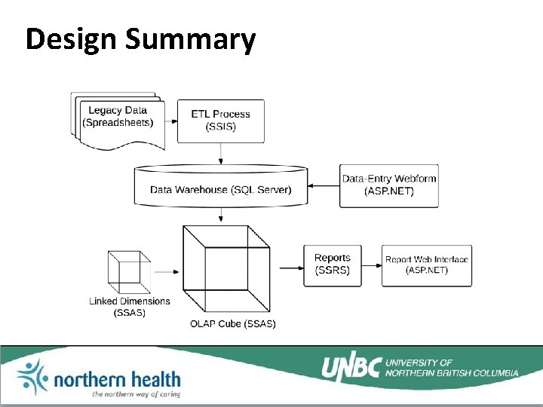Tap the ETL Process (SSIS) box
click(x=220, y=121)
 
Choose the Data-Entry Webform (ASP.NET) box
click(x=388, y=185)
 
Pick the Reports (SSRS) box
click(x=332, y=265)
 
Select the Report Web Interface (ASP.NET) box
click(x=427, y=265)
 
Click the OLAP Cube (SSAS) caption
click(x=232, y=324)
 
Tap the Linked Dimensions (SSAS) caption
click(x=130, y=307)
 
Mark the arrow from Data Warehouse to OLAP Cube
click(x=220, y=216)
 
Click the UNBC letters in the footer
click(x=351, y=367)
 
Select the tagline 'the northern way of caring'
click(x=136, y=394)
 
